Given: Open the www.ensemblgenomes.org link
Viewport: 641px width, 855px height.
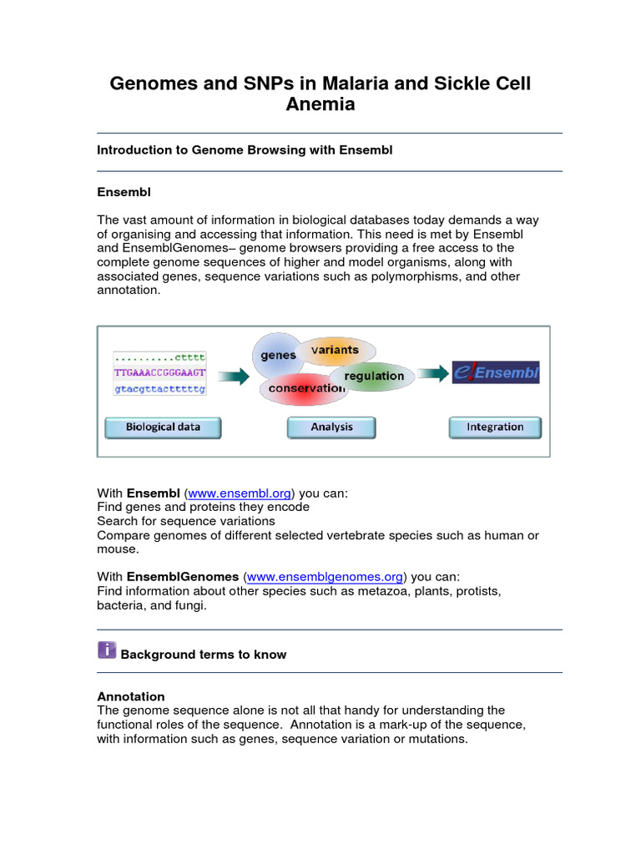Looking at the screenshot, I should coord(326,577).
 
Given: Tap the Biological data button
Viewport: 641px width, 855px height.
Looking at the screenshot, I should coord(163,427).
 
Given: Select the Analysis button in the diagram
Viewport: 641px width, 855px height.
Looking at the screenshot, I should coord(331,427).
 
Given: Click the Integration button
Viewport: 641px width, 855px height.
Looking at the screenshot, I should coord(495,427).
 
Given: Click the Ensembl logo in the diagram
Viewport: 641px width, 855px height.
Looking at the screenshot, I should coord(496,372).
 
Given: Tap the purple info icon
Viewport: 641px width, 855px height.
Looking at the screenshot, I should coord(107,651).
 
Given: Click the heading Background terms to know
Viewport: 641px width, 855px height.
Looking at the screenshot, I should coord(204,655).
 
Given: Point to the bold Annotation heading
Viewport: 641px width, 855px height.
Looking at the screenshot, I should coord(131,696).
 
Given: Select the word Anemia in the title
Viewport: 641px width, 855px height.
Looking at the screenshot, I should coord(320,105).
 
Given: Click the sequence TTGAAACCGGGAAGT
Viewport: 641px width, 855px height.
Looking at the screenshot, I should coord(159,372).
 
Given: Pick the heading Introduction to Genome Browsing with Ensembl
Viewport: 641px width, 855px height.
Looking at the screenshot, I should coord(245,150).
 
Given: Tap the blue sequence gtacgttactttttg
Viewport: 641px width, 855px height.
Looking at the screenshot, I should coord(159,389).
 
